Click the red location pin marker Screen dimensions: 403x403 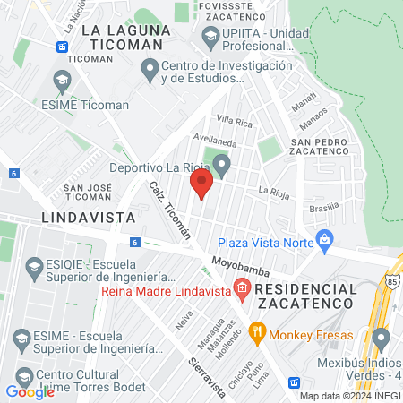(201, 185)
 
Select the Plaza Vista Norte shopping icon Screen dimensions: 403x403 (324, 240)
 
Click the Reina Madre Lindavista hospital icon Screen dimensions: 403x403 (241, 287)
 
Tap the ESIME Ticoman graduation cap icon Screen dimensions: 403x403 (62, 81)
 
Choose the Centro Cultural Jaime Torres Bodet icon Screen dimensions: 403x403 (21, 374)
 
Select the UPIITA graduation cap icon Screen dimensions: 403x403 (211, 36)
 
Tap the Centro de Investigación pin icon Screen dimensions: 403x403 (150, 67)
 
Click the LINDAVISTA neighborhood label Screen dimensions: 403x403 (88, 218)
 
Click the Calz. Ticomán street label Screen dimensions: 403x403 (171, 214)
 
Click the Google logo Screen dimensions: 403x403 (30, 391)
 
